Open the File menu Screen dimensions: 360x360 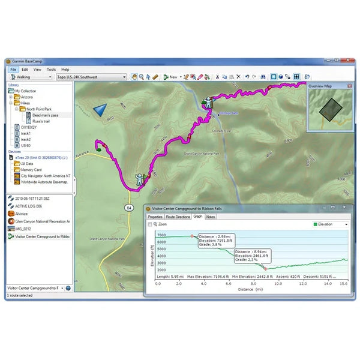13,70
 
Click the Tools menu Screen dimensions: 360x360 51,70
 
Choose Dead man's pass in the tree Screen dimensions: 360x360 44,115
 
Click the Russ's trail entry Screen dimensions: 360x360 43,121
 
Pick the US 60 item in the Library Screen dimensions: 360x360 25,145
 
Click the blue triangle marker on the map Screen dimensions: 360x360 100,110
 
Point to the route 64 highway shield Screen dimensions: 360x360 128,207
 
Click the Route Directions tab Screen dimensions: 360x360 178,217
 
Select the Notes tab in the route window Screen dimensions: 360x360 211,217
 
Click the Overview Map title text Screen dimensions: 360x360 320,86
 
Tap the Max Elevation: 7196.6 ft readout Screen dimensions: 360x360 210,276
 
